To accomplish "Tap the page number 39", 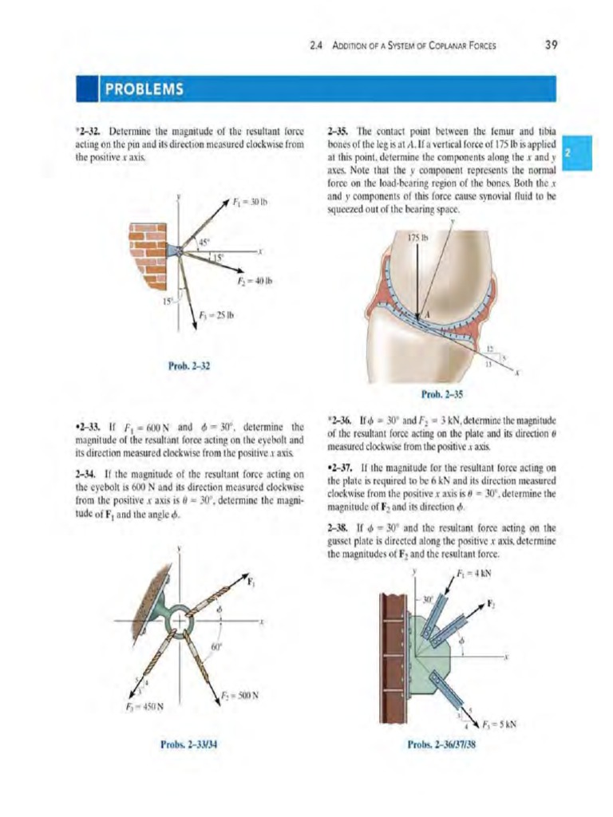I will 551,45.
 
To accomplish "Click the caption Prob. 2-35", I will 441,393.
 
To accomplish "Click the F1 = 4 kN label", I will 474,572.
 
